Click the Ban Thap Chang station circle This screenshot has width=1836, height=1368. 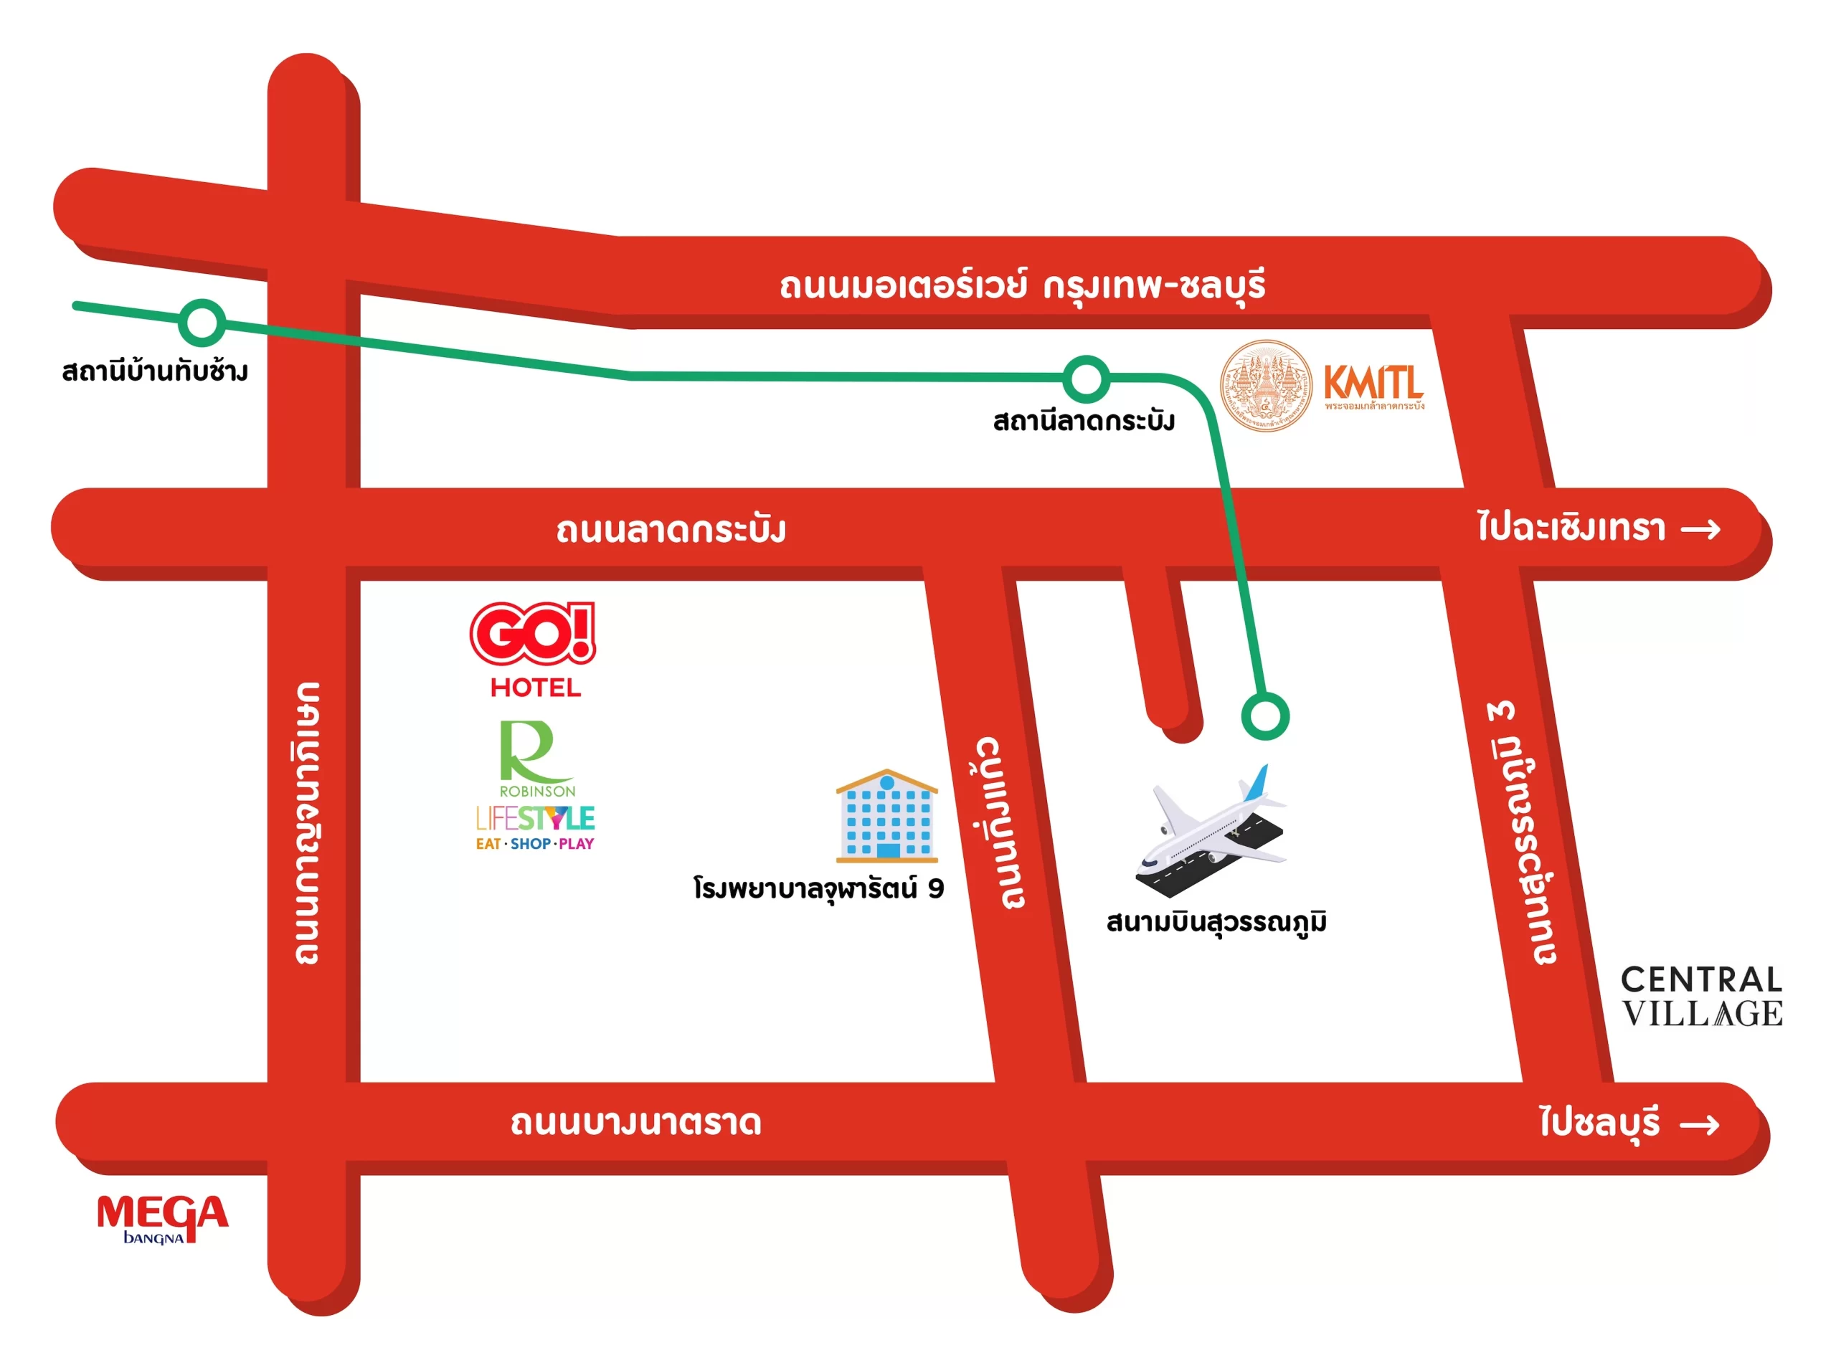point(202,323)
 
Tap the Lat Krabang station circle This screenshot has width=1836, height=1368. point(1085,379)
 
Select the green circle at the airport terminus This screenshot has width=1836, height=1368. point(1264,716)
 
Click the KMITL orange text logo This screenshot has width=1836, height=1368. point(1373,384)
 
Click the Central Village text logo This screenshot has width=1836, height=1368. point(1701,995)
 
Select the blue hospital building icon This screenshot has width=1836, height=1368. point(886,817)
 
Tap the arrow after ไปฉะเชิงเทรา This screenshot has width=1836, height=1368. point(1700,529)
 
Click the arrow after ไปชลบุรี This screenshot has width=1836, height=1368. point(1698,1124)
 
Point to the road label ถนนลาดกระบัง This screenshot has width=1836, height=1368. point(670,530)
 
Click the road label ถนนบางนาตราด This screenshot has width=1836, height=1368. point(635,1123)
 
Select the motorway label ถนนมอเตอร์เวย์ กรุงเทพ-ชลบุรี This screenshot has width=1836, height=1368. point(1021,285)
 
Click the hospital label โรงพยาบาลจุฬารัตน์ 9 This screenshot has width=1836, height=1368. point(818,888)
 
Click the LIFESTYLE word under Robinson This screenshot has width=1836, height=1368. point(535,818)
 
